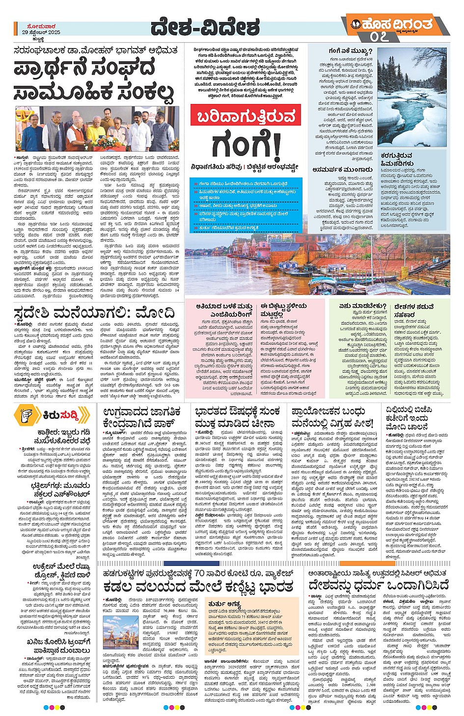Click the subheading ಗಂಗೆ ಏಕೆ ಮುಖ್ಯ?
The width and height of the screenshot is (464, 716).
pos(350,51)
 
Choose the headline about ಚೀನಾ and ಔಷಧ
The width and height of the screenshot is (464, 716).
pos(238,417)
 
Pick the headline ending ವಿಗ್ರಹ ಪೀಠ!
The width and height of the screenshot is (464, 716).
pos(332,417)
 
